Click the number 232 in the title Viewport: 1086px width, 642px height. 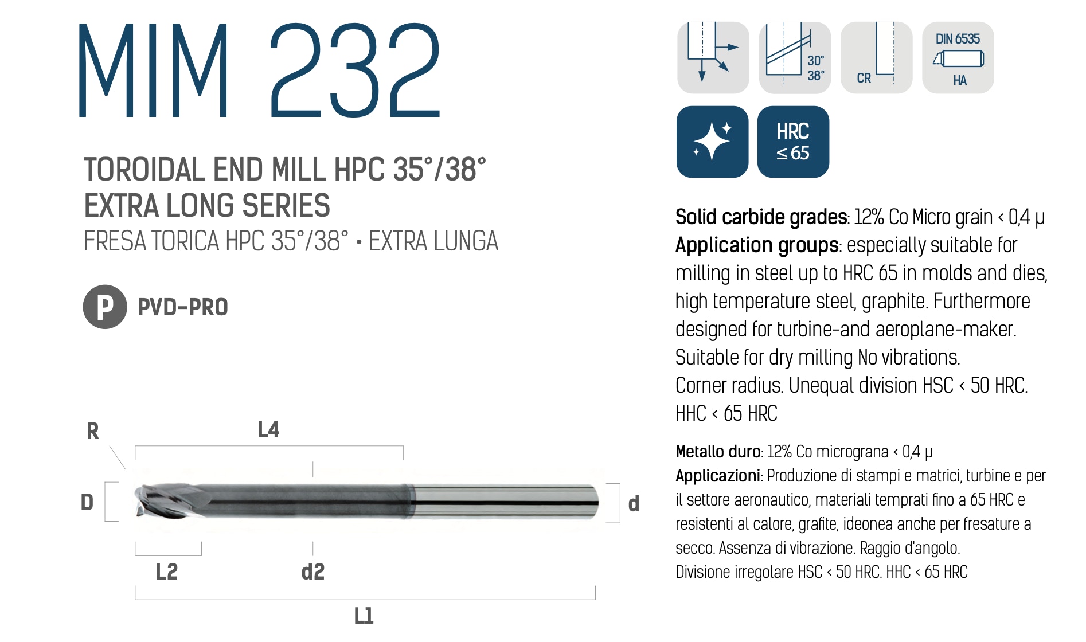point(355,70)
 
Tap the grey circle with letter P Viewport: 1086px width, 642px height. point(105,307)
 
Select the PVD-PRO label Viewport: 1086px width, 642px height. point(183,307)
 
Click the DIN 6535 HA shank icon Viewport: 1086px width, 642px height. point(958,57)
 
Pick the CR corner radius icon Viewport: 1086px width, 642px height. point(876,57)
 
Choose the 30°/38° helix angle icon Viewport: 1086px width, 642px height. point(795,57)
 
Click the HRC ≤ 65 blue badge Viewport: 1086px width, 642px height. point(793,142)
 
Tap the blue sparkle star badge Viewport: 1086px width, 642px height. point(712,142)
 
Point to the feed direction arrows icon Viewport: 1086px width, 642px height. point(713,57)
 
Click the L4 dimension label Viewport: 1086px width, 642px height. point(268,429)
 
